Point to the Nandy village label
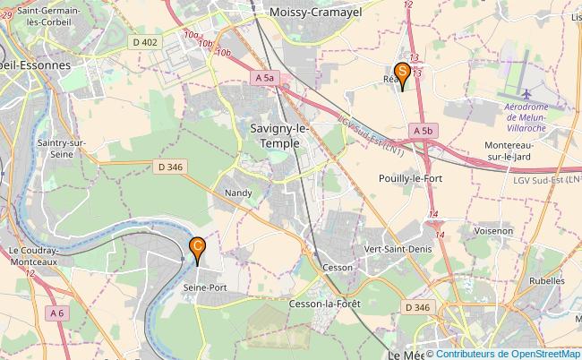point(238,193)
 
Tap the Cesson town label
point(338,267)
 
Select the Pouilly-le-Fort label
point(412,177)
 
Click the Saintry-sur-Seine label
point(61,148)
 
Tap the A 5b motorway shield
point(424,131)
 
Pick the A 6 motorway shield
point(57,313)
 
